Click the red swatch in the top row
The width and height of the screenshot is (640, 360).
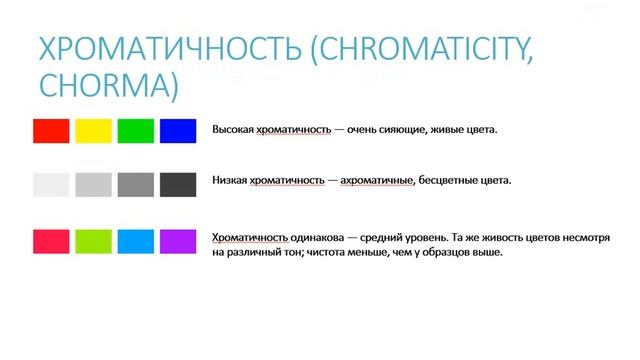[x=51, y=130]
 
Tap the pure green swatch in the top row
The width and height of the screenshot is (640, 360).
[x=135, y=130]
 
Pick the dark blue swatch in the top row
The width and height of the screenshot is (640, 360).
[x=178, y=130]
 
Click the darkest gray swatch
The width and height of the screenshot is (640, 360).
[x=178, y=185]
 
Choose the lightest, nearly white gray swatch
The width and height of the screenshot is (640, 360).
[x=51, y=185]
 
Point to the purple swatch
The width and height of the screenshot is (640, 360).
[x=178, y=241]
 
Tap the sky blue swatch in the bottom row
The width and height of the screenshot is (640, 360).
[x=135, y=241]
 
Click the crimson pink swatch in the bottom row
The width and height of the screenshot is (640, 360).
[x=51, y=241]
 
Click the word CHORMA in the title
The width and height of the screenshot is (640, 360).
[x=106, y=84]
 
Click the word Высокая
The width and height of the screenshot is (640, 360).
[x=232, y=130]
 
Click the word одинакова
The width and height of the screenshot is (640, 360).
[x=315, y=237]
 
